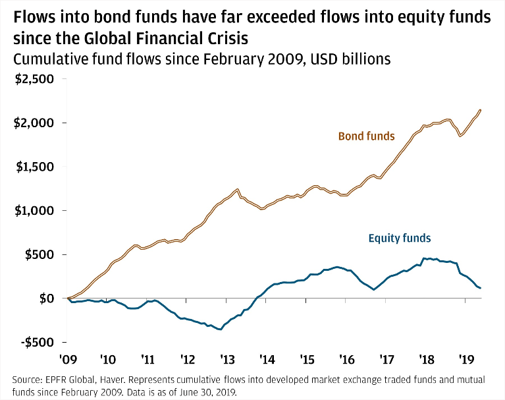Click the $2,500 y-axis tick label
(37, 79)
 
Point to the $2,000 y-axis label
(37, 123)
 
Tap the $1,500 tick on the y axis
(37, 167)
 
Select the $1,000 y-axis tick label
(37, 211)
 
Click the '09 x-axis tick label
(68, 360)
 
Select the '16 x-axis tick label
(346, 360)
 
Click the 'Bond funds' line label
(366, 137)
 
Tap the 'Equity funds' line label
(400, 237)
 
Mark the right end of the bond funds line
(481, 110)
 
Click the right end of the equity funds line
(481, 288)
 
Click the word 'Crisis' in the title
(226, 35)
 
